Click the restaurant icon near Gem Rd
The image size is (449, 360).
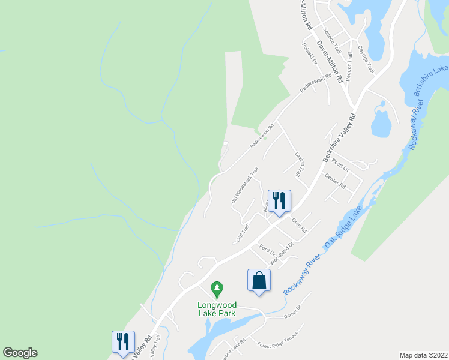[x=279, y=201]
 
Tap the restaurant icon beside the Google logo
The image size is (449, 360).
[x=123, y=342]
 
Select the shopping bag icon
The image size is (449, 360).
[x=259, y=280]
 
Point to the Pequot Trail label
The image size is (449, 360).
[x=350, y=66]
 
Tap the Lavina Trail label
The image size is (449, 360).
[x=298, y=163]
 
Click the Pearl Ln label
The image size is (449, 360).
[x=340, y=166]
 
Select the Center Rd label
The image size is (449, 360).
[x=335, y=181]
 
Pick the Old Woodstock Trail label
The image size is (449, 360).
[x=245, y=184]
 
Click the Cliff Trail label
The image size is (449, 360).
[x=242, y=233]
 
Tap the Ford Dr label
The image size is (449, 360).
[x=267, y=247]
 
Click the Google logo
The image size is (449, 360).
[x=20, y=353]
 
